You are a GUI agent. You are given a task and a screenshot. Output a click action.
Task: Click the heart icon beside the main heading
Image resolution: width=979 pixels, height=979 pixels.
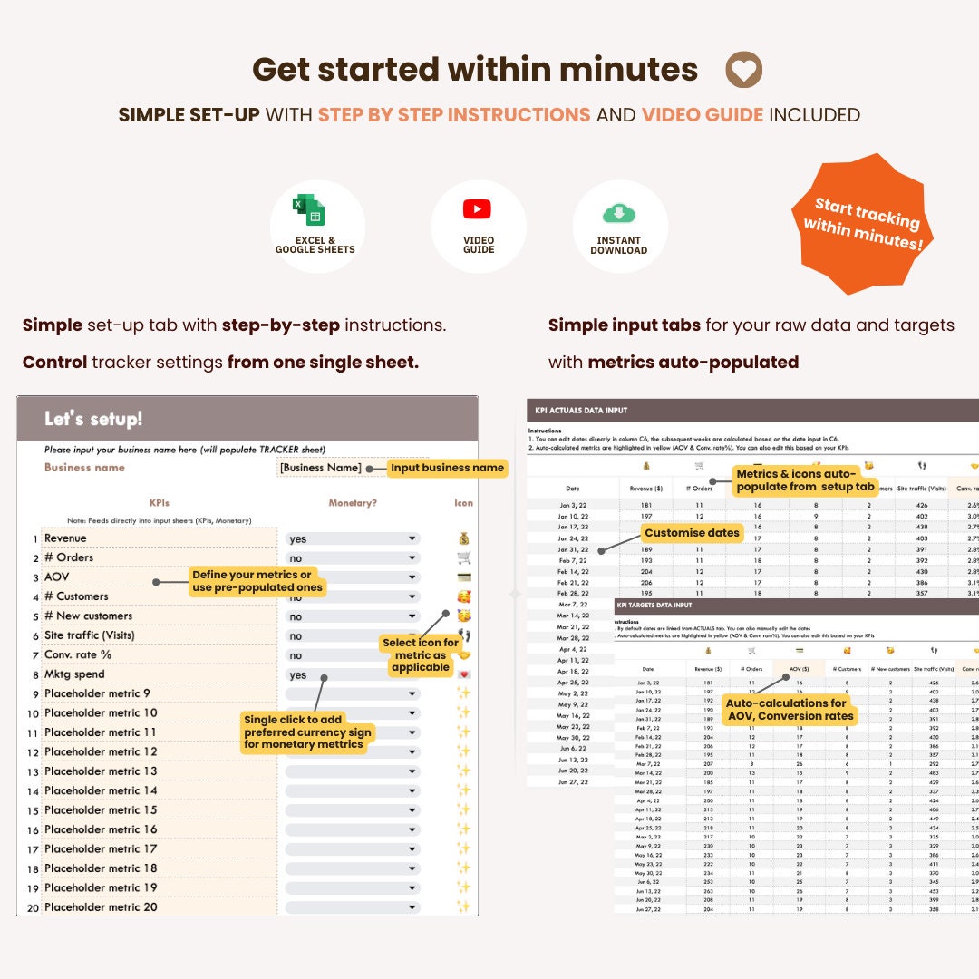pyautogui.click(x=744, y=70)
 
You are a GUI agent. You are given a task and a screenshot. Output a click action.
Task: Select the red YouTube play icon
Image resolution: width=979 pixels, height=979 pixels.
pyautogui.click(x=477, y=208)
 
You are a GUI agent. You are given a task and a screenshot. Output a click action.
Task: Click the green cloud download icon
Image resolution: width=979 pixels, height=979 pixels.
pyautogui.click(x=619, y=212)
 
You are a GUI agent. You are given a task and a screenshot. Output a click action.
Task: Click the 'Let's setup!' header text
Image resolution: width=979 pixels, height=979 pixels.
pyautogui.click(x=93, y=419)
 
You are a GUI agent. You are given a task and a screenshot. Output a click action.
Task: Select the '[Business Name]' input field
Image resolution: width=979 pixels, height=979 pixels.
pyautogui.click(x=321, y=468)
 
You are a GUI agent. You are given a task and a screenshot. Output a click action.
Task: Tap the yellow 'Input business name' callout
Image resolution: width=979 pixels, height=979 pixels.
pyautogui.click(x=447, y=468)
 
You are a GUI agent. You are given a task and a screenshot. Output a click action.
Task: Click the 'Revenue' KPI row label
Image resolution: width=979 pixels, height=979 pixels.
pyautogui.click(x=65, y=538)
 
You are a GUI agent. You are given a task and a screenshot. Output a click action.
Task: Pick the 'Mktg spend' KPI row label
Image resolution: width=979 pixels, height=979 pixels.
pyautogui.click(x=74, y=674)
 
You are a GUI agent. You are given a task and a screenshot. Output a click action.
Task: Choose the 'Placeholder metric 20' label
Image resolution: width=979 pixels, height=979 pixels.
pyautogui.click(x=101, y=906)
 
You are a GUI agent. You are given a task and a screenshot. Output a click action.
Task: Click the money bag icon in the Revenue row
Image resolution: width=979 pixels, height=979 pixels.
pyautogui.click(x=464, y=538)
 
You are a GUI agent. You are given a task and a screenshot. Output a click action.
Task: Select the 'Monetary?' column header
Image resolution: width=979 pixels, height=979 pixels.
pyautogui.click(x=354, y=502)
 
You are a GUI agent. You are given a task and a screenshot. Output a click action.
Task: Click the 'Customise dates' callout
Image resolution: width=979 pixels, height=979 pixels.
pyautogui.click(x=692, y=533)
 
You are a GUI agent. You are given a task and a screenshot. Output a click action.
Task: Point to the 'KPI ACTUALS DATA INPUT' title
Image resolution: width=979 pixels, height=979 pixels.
pyautogui.click(x=581, y=411)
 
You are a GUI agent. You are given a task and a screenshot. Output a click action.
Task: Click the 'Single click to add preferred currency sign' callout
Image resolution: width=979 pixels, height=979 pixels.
pyautogui.click(x=307, y=732)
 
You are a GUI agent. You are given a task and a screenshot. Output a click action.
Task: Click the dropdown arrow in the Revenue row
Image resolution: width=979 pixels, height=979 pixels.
pyautogui.click(x=412, y=538)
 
